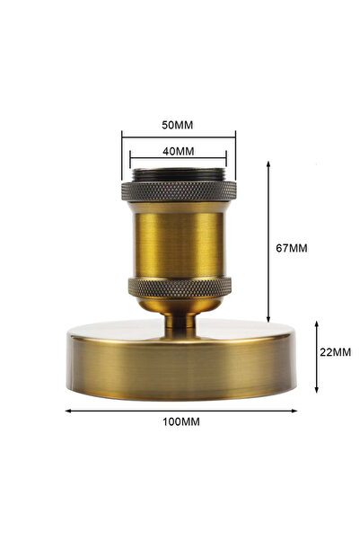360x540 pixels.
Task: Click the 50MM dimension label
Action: pyautogui.click(x=178, y=122)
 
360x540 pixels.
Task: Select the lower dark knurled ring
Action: pyautogui.click(x=179, y=288)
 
